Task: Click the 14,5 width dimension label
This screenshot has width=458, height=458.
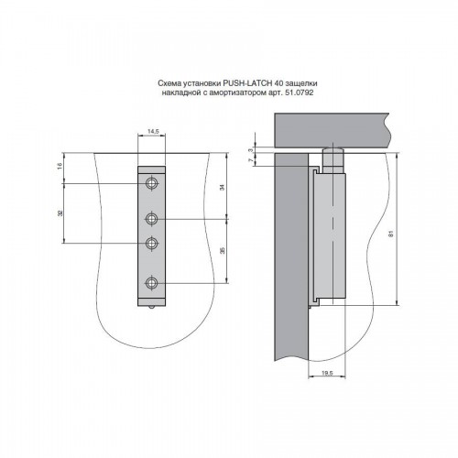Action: (153, 132)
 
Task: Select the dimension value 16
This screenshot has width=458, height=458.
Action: (60, 166)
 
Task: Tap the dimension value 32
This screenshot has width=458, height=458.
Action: (60, 213)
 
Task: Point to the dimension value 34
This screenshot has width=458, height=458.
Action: (223, 187)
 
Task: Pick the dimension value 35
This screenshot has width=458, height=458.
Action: (223, 251)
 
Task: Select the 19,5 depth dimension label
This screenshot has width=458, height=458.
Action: (327, 373)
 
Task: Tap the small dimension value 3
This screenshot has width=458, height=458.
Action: (251, 150)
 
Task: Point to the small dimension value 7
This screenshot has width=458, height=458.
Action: (251, 160)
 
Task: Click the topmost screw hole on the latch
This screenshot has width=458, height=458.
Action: (151, 183)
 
